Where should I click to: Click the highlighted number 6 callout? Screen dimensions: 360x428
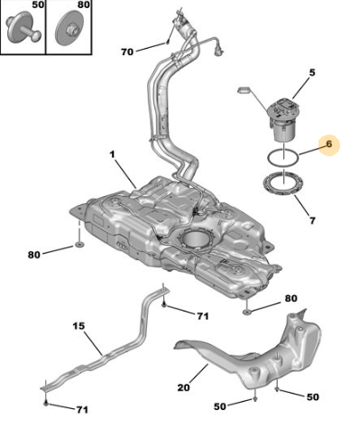[329, 144]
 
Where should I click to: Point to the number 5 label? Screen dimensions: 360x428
[312, 72]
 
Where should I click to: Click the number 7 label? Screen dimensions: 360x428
[312, 220]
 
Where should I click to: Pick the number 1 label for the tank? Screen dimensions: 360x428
[112, 154]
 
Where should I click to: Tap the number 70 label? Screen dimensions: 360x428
[127, 52]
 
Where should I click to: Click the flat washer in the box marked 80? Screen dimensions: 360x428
[69, 27]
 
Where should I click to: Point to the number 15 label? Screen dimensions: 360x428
[78, 326]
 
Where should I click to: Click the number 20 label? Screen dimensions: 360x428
[183, 387]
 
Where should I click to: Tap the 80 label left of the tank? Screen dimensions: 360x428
[34, 255]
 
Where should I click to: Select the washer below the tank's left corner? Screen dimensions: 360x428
[79, 245]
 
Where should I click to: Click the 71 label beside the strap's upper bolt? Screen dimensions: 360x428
[203, 316]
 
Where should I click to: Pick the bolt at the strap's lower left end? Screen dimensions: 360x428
[46, 403]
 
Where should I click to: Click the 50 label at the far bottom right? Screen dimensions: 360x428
[312, 396]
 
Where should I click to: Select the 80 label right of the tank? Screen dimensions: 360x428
[291, 298]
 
